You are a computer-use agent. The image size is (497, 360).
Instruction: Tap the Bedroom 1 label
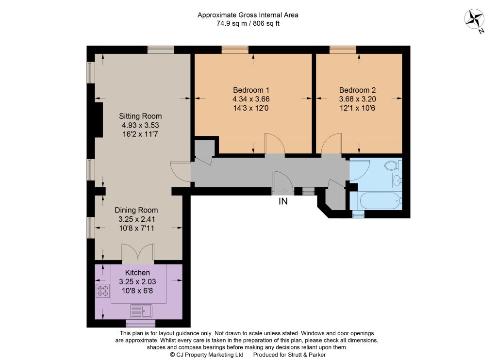[251, 90]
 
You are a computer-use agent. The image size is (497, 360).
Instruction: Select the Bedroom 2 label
[357, 90]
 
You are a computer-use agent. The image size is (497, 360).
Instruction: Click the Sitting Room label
[140, 116]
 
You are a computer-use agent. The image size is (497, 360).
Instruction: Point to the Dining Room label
[136, 210]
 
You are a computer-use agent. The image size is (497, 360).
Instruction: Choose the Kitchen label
[137, 273]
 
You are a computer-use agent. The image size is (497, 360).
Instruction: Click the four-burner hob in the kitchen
[103, 291]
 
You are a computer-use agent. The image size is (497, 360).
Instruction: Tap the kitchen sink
[141, 311]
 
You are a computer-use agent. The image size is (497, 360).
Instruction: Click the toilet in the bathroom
[393, 165]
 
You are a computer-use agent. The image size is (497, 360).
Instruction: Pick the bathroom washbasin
[397, 180]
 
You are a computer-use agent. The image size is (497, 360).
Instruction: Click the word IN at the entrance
[283, 201]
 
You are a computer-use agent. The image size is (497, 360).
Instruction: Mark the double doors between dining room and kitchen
[138, 253]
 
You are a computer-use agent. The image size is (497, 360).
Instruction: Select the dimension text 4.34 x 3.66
[251, 99]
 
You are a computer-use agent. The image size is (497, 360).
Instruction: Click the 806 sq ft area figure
[266, 23]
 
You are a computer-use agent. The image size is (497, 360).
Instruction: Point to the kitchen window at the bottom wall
[141, 323]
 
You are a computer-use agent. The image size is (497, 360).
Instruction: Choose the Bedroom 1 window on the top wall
[235, 49]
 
